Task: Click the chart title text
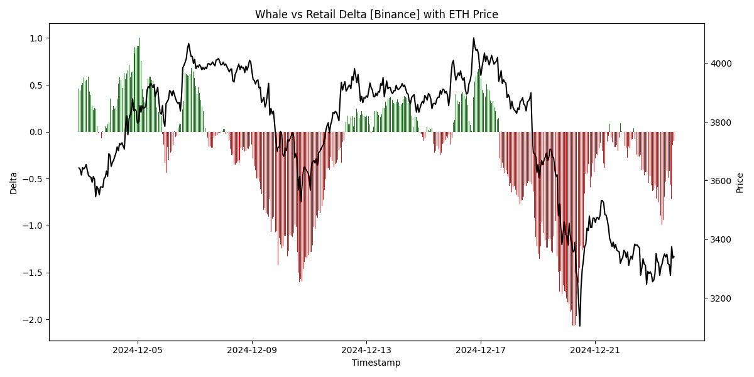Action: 376,14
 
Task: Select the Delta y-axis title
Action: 14,182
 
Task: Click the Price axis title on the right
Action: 740,182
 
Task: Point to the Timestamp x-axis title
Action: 376,363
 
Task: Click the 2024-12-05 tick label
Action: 138,350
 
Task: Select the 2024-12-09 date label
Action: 253,350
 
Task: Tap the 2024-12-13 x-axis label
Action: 367,350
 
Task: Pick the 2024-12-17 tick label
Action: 481,350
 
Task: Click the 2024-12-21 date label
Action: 595,350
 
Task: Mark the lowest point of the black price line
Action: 579,325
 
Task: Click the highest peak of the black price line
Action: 474,38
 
